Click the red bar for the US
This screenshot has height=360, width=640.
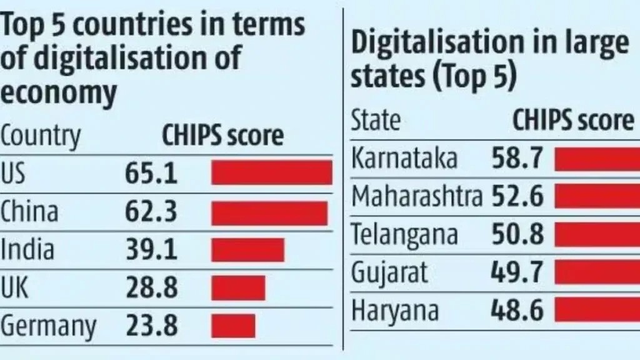[x=271, y=173]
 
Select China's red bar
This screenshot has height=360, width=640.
[x=269, y=212]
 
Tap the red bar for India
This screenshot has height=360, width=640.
[x=247, y=250]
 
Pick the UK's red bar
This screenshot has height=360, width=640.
[x=238, y=287]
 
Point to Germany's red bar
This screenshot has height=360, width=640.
[x=233, y=326]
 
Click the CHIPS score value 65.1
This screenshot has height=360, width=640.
[x=151, y=173]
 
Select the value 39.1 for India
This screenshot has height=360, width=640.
[x=151, y=250]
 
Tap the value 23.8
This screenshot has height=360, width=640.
[x=151, y=326]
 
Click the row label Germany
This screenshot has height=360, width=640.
[x=49, y=326]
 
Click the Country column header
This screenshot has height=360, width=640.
[x=41, y=136]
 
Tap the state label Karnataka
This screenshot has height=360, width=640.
[x=404, y=159]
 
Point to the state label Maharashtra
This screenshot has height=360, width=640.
[x=417, y=197]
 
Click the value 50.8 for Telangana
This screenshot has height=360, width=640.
[x=517, y=235]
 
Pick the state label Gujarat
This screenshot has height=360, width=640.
[x=389, y=272]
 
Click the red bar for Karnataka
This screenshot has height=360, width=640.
[x=597, y=159]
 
